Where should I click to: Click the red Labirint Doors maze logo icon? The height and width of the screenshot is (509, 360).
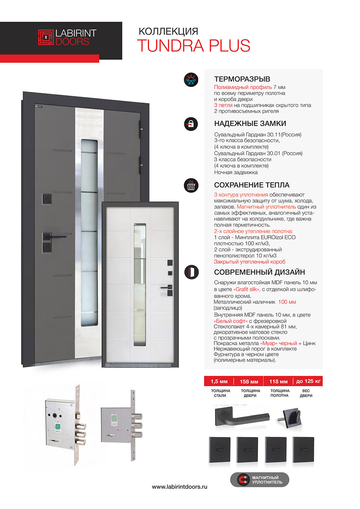click(x=46, y=37)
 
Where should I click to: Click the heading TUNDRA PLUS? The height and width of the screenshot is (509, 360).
click(x=194, y=46)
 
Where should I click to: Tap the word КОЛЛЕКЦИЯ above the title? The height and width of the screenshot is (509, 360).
click(x=168, y=31)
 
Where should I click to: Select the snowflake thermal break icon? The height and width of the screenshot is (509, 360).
click(x=191, y=80)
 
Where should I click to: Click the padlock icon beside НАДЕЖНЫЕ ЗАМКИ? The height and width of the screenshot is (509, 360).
click(x=191, y=124)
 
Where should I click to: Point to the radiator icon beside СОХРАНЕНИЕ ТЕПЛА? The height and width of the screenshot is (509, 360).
click(x=191, y=186)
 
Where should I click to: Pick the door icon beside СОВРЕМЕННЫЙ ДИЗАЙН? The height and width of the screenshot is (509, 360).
click(x=191, y=272)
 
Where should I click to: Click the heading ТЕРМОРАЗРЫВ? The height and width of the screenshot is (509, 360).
click(x=242, y=79)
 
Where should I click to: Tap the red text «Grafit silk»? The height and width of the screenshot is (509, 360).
click(x=247, y=289)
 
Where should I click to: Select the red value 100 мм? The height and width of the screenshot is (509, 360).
click(x=287, y=302)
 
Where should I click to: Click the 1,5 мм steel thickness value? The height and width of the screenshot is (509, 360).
click(x=219, y=381)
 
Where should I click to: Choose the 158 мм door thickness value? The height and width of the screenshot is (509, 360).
click(x=249, y=381)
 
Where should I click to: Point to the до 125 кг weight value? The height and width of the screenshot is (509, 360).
click(x=308, y=381)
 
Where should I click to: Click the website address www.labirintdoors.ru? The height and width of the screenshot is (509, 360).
click(x=179, y=487)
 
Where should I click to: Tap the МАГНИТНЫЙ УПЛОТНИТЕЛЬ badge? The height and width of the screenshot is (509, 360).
click(x=259, y=480)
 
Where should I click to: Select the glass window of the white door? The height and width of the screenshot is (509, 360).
click(x=140, y=285)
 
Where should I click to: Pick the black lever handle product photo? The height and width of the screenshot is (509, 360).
click(x=242, y=417)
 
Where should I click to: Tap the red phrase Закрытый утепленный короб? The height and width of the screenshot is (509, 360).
click(x=249, y=262)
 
